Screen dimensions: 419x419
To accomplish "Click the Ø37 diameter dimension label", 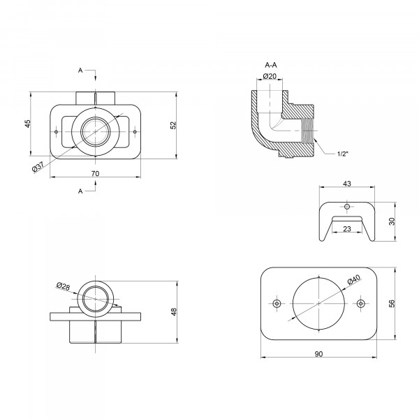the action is tap(38, 168).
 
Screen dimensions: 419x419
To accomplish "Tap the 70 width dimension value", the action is tap(95, 174).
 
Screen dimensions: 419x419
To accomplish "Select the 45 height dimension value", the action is tap(28, 124).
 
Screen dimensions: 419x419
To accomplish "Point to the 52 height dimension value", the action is tap(173, 125).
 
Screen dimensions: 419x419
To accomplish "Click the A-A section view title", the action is tap(271, 65).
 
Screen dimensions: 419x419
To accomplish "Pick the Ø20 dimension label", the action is tap(270, 76).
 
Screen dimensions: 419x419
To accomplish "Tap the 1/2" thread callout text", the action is tap(343, 154).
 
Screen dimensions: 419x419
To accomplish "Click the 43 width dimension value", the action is tap(347, 184).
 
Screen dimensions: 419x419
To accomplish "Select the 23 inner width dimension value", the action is tap(347, 229).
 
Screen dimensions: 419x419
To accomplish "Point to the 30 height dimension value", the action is tap(392, 221).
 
